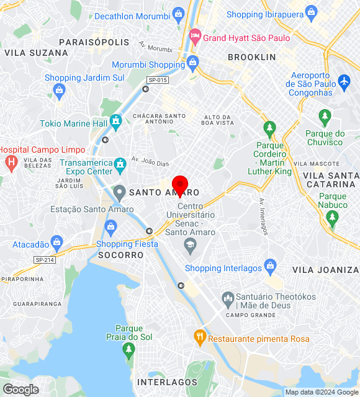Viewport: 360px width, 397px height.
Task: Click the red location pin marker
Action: point(180,185)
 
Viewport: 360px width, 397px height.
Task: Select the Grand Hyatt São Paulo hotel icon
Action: point(196,37)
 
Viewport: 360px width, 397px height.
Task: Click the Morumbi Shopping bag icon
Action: point(192,63)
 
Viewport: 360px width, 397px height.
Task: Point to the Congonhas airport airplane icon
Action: point(344,81)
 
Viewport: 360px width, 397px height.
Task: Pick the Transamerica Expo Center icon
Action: point(120,166)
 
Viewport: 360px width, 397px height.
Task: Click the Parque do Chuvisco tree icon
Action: point(324,117)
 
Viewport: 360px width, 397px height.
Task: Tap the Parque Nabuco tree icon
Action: point(333,217)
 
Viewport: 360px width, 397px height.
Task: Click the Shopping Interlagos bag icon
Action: point(270,267)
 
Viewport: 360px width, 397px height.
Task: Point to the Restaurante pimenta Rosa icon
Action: point(199,338)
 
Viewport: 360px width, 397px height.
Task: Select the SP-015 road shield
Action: point(158,80)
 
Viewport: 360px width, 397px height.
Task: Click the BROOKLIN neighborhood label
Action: point(251,57)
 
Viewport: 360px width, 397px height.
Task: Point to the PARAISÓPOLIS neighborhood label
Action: point(94,42)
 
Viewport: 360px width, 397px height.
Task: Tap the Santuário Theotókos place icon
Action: point(227,298)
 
